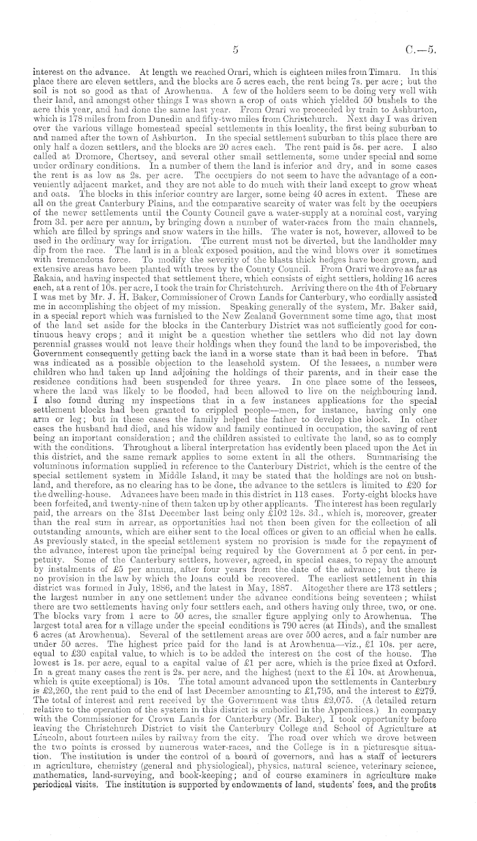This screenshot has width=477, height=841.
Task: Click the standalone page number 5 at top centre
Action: (x=234, y=49)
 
